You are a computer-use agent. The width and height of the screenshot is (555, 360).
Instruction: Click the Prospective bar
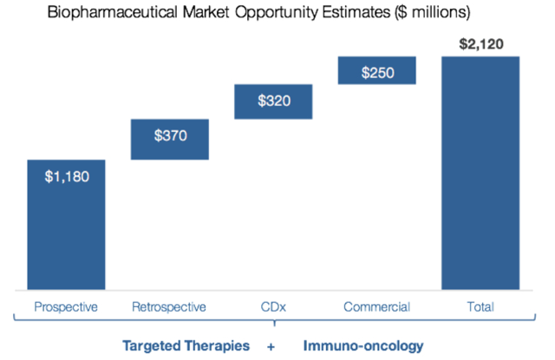coord(66,225)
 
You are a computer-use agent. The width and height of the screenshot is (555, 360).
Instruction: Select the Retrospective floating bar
coord(170,140)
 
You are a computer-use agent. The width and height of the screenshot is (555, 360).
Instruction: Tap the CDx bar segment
coord(273,101)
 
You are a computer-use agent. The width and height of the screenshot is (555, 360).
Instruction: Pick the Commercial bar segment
coord(377,70)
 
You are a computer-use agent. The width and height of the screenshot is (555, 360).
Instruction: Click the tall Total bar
coord(480,173)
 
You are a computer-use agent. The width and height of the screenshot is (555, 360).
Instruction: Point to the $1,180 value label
coord(67,177)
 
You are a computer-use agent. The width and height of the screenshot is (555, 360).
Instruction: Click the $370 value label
coord(170,135)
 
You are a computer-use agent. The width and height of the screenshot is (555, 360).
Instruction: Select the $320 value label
coord(274,101)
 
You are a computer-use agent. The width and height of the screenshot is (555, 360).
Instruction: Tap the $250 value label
coord(378,73)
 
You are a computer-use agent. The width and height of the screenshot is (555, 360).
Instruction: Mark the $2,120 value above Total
coord(481,44)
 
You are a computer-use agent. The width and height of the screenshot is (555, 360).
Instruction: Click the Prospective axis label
coord(66,307)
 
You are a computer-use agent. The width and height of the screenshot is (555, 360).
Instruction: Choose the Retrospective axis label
coord(169,307)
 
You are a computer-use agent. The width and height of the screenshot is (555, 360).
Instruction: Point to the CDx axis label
coord(273,307)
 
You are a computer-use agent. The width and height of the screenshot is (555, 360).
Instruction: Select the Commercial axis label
coord(377,307)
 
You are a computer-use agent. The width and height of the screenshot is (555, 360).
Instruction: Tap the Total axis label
coord(480,306)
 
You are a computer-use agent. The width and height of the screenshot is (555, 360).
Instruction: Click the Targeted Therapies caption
coord(186,346)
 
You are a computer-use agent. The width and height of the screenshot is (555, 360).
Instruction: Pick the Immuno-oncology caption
coord(363,346)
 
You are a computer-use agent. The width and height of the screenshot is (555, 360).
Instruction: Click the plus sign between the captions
coord(271,346)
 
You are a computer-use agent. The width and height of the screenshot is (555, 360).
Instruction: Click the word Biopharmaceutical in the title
coord(113,13)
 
